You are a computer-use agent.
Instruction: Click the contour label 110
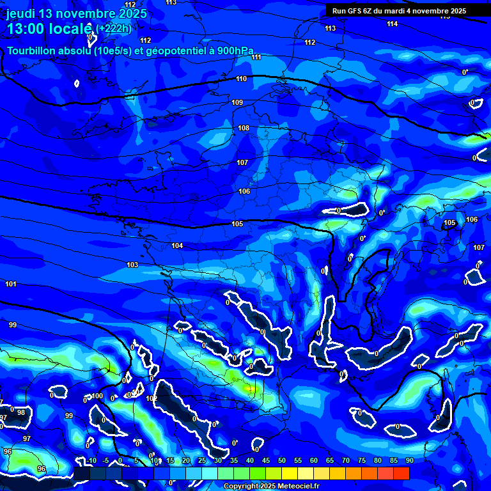241,79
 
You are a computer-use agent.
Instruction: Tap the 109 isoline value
237,103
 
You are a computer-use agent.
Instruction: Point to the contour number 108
244,129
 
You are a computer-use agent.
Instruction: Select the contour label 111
256,58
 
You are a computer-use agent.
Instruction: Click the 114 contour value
392,24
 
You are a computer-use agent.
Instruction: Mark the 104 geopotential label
177,246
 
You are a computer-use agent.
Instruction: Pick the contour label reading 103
132,265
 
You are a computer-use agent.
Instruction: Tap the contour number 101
11,284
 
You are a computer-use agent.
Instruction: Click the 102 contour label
152,398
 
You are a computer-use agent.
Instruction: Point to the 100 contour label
97,396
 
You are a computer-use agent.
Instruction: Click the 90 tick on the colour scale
409,460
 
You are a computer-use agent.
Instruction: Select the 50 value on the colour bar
281,460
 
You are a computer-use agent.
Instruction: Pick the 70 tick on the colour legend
345,460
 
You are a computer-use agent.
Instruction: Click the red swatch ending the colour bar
401,473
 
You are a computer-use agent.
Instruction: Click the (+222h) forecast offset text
114,28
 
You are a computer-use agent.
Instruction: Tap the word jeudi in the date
22,13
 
